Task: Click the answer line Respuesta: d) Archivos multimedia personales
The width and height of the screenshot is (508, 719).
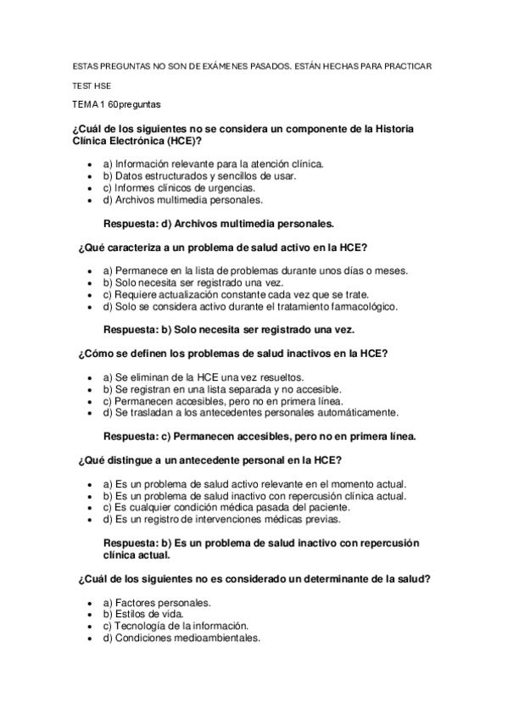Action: point(219,224)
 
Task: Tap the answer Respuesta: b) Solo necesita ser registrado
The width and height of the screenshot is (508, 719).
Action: point(228,330)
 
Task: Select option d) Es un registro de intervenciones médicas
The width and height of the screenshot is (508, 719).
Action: point(221,519)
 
